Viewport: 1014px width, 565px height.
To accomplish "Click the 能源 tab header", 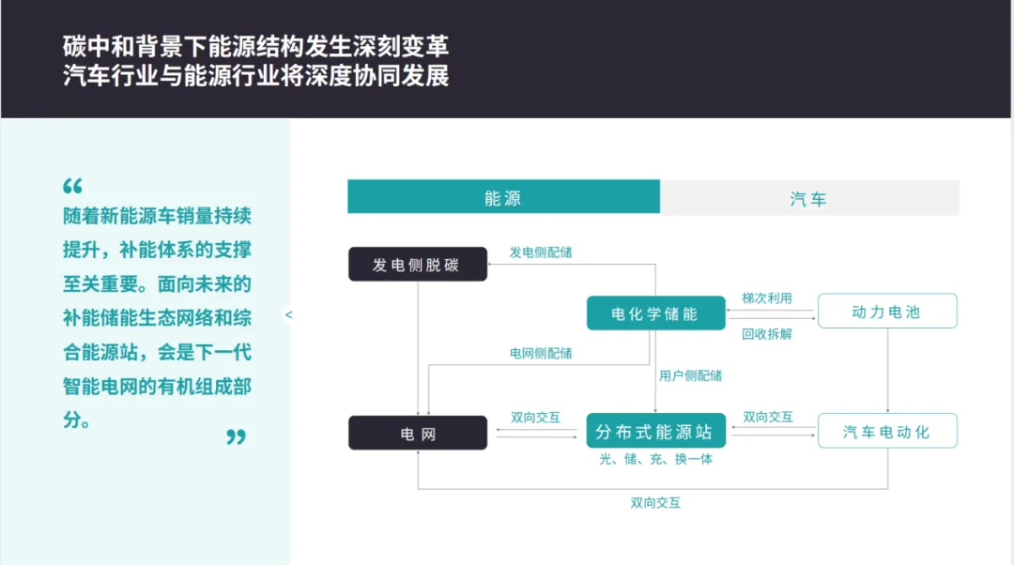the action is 503,198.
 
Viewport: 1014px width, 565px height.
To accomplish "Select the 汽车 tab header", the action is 809,198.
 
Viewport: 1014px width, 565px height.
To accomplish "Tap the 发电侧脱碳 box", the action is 418,265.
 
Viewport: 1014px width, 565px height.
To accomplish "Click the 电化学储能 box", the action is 655,313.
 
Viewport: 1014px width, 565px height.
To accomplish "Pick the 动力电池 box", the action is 886,312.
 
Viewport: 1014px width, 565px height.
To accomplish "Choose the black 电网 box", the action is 418,434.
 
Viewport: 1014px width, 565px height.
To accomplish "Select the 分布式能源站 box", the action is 655,433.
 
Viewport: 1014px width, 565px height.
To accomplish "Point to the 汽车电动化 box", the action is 886,431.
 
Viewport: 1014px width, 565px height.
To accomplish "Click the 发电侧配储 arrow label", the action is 541,252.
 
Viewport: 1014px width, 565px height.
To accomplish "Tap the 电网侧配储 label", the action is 541,354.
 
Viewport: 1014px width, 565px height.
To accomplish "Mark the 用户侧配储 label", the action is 690,375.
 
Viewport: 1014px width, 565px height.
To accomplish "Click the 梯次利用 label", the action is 767,298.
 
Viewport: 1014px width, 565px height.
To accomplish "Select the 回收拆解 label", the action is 767,333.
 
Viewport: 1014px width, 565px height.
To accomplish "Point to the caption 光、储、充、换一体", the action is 656,460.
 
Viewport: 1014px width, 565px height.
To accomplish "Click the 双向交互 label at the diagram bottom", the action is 655,503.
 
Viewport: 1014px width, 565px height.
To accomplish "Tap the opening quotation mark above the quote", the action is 73,186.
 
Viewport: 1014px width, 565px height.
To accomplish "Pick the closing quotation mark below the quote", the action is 236,436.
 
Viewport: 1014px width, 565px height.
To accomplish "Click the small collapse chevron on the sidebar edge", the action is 288,314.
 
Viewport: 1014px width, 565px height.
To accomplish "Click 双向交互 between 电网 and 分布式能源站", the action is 535,417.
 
